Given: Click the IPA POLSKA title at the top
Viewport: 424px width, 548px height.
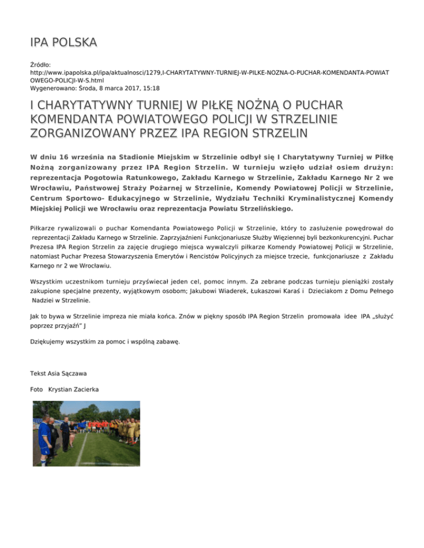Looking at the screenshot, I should [64, 42].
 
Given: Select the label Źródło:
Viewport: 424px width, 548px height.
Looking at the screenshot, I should [41, 65].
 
